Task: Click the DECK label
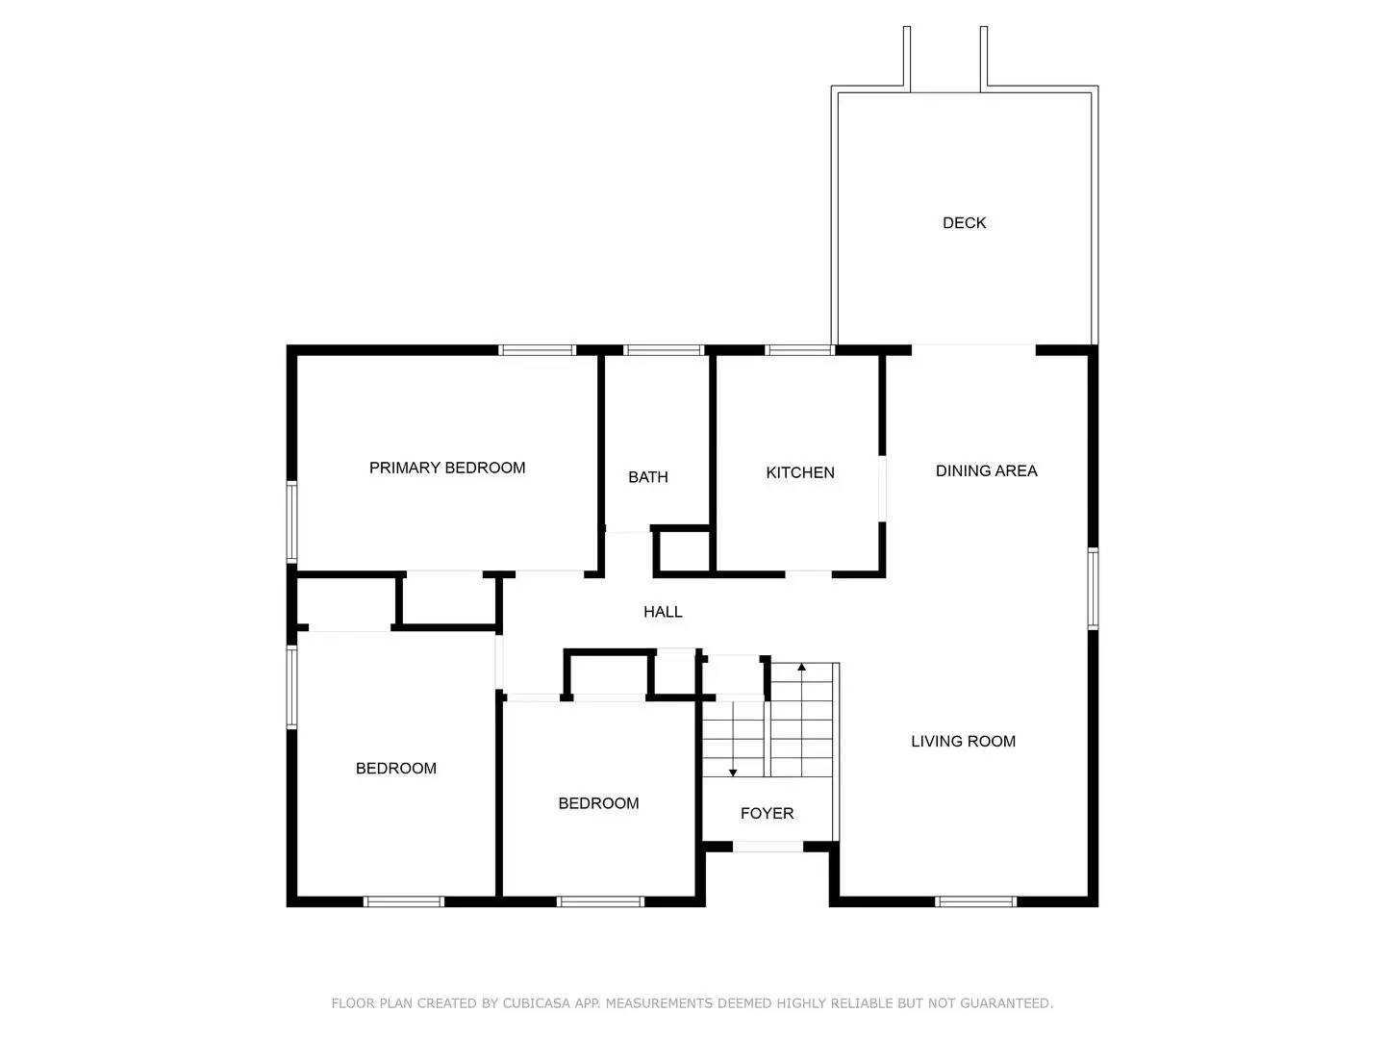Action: (x=964, y=223)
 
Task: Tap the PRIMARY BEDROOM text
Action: (x=447, y=469)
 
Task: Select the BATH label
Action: (x=647, y=477)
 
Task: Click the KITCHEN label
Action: (x=799, y=472)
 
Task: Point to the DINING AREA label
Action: (x=986, y=471)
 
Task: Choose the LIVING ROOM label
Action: (x=963, y=742)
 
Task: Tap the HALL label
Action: (x=663, y=612)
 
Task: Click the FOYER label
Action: (x=767, y=814)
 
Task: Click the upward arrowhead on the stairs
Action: (x=802, y=667)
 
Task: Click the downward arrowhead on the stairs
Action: (x=733, y=772)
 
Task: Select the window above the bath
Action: (x=664, y=350)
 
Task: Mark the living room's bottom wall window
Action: (x=975, y=901)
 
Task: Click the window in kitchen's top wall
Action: (x=799, y=350)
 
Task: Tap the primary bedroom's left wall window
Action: (x=291, y=520)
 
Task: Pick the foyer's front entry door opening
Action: (x=768, y=847)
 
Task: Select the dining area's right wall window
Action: (x=1093, y=588)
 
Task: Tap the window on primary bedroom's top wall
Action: (x=537, y=350)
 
